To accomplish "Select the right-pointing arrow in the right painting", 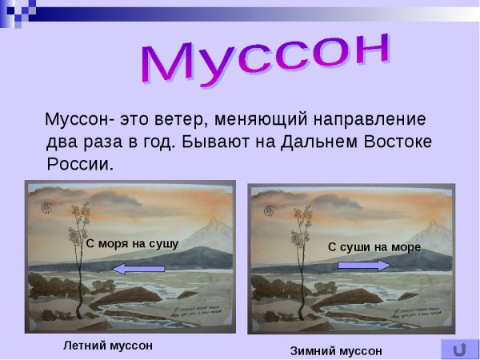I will point(370,265).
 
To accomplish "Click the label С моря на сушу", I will point(132,243).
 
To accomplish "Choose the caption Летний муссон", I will point(107,346).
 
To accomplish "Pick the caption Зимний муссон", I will point(336,350).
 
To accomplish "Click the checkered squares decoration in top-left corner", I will point(18,10).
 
